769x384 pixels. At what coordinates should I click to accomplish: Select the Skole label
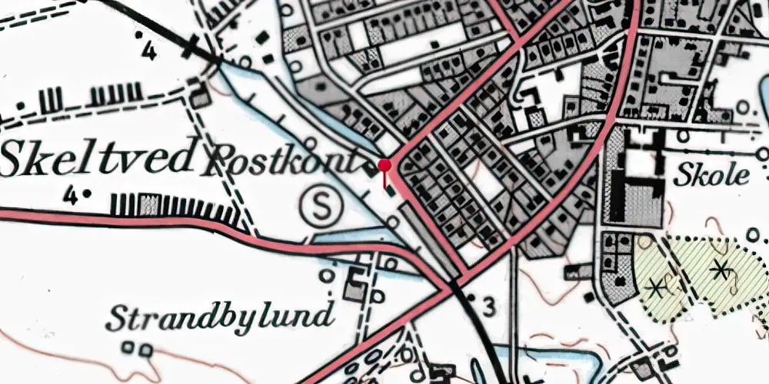[712, 176]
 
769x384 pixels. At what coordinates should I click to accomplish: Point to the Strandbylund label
[221, 315]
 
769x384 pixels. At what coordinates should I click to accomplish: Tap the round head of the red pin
[384, 165]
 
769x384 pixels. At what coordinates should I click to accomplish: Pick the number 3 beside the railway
[488, 306]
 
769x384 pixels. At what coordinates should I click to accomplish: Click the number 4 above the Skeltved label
[148, 52]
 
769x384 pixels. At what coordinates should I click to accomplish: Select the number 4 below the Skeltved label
[71, 197]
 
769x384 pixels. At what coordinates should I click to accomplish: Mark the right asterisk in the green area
[720, 269]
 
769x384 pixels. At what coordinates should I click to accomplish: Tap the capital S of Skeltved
[17, 160]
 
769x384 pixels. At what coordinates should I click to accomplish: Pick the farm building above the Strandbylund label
[355, 285]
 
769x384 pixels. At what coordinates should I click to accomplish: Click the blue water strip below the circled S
[346, 238]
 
